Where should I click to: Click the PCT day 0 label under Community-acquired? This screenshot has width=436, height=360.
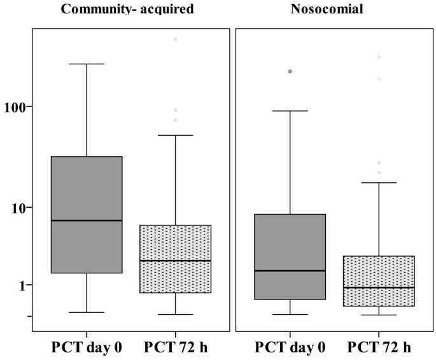click(x=86, y=348)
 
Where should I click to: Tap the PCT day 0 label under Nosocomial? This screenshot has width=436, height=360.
click(x=290, y=348)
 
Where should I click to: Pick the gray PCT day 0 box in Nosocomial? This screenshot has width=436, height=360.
click(x=290, y=242)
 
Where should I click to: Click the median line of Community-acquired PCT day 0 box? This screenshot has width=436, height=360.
click(x=87, y=220)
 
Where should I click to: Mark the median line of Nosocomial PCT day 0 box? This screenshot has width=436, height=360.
click(x=290, y=271)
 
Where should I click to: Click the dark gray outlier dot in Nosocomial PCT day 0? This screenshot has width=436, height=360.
click(x=290, y=71)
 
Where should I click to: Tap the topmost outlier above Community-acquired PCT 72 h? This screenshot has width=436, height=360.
click(x=175, y=40)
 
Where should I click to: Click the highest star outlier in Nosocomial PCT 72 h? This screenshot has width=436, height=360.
click(x=379, y=57)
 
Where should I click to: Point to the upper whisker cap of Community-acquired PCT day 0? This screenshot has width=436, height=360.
click(x=87, y=64)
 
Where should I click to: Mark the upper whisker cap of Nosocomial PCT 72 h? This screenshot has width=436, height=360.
click(x=379, y=183)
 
